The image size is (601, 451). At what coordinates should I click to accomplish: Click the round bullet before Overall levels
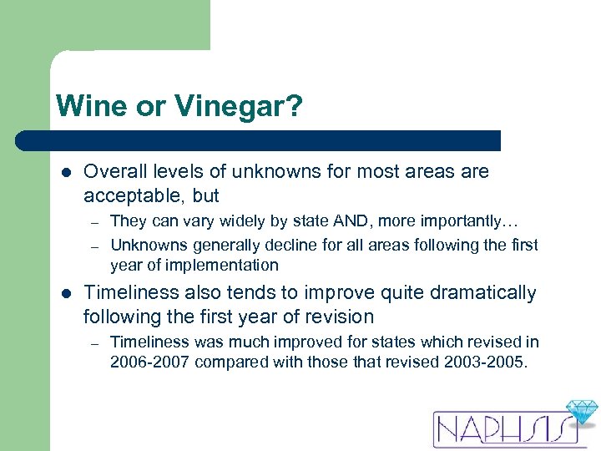pos(65,173)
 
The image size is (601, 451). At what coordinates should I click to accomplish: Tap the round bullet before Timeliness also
pos(65,294)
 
